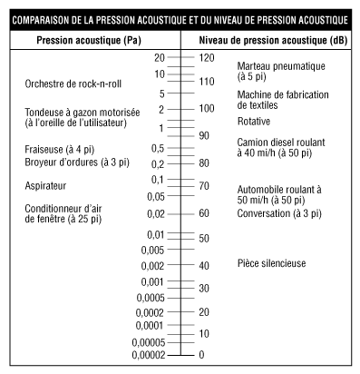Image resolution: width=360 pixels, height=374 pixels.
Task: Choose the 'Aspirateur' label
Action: pos(46,185)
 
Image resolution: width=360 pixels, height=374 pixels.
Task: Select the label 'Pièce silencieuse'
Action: pos(272,264)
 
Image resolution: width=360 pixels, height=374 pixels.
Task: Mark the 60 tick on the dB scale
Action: pos(204,213)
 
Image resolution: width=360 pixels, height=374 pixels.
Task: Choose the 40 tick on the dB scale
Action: pos(204,265)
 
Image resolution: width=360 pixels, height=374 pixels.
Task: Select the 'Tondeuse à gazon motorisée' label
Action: pos(75,112)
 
